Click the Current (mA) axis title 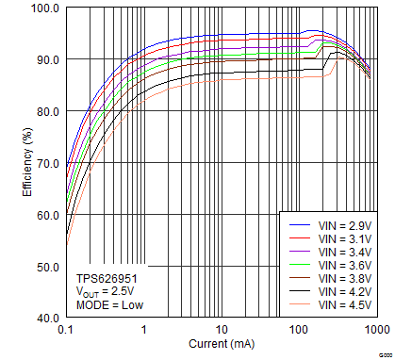click(222, 344)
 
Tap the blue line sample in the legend click(300, 227)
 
